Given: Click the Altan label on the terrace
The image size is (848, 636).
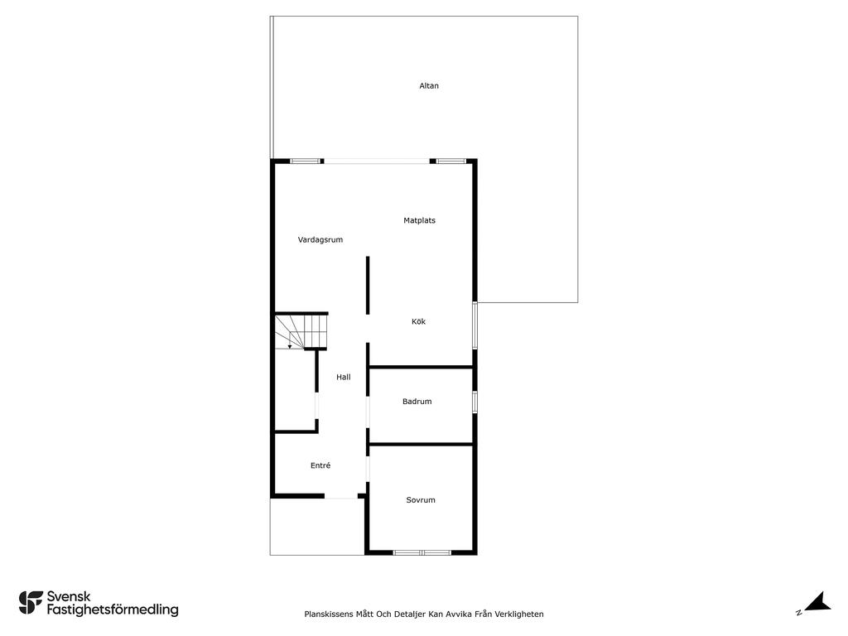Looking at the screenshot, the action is coord(429,85).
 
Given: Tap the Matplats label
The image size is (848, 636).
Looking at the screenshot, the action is coord(419,220).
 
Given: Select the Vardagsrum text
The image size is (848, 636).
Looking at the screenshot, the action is coord(320,239).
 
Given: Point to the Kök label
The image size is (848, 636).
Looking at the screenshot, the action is coord(418,321).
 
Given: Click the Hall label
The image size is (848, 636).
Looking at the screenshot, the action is coord(344,377).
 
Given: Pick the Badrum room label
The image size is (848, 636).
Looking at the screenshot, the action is coord(417,402).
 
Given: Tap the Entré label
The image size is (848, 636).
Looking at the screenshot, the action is coord(320,465).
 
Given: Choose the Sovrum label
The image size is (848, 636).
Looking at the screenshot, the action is coord(421,499).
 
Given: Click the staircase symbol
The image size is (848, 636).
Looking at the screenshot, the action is coord(301,331).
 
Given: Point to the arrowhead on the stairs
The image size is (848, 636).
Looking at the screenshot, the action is coord(290,347).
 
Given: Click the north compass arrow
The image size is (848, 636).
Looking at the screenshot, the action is coord(817,602).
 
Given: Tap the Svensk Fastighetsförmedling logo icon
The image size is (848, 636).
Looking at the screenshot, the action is coord(31,603).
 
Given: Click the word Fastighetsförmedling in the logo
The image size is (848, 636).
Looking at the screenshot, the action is coord(113,609).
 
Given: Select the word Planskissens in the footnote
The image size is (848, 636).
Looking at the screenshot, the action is coord(328,614).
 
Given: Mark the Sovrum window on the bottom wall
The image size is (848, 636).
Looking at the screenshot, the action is coord(422,552).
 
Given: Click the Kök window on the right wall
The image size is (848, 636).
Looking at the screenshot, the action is coord(475,325).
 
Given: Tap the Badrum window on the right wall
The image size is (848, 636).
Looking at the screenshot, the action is coord(475,402).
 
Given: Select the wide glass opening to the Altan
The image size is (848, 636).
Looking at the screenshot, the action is coord(377,161).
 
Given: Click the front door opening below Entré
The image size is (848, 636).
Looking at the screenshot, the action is coord(340,497).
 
